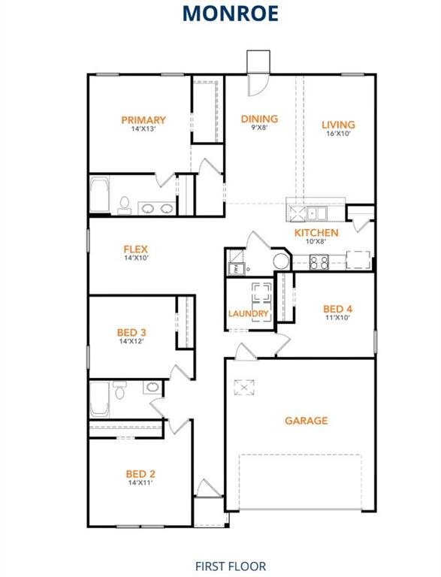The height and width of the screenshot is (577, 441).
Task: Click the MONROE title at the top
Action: click(x=220, y=14)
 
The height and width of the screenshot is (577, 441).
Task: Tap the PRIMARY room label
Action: click(x=143, y=120)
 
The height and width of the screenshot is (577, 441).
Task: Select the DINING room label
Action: click(x=259, y=119)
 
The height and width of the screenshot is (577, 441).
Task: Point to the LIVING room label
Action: click(x=338, y=125)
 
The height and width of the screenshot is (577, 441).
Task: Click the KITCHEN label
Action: click(x=316, y=233)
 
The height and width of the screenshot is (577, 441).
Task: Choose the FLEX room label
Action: click(x=136, y=249)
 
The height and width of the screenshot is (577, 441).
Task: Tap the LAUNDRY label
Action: click(x=249, y=313)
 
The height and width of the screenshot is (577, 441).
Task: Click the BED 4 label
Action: click(x=337, y=309)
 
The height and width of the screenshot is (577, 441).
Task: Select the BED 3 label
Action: click(x=131, y=332)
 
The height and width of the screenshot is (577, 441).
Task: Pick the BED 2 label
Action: click(x=140, y=473)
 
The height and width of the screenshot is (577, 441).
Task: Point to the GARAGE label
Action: click(x=306, y=421)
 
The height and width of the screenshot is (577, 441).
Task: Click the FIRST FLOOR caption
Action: click(x=230, y=566)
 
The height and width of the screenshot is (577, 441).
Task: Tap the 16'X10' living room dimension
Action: click(x=338, y=134)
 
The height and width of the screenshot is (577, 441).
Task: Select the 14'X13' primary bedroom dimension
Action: click(x=143, y=129)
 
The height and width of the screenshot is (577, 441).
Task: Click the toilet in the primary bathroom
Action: click(x=125, y=204)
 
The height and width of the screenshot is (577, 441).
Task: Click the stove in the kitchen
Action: click(x=319, y=262)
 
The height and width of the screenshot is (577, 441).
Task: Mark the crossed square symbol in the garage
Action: click(x=242, y=388)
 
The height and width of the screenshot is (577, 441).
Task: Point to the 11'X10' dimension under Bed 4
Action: click(x=337, y=318)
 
